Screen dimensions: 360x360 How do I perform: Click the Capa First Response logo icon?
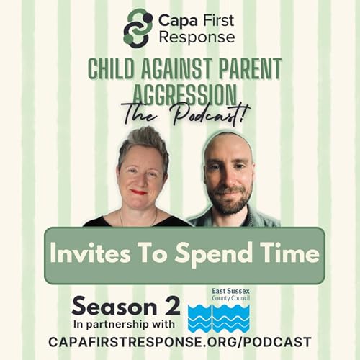136,27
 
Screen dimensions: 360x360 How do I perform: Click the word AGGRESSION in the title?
180,93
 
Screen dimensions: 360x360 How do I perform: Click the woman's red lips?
138,192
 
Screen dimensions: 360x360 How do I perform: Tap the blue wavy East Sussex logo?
219,317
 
